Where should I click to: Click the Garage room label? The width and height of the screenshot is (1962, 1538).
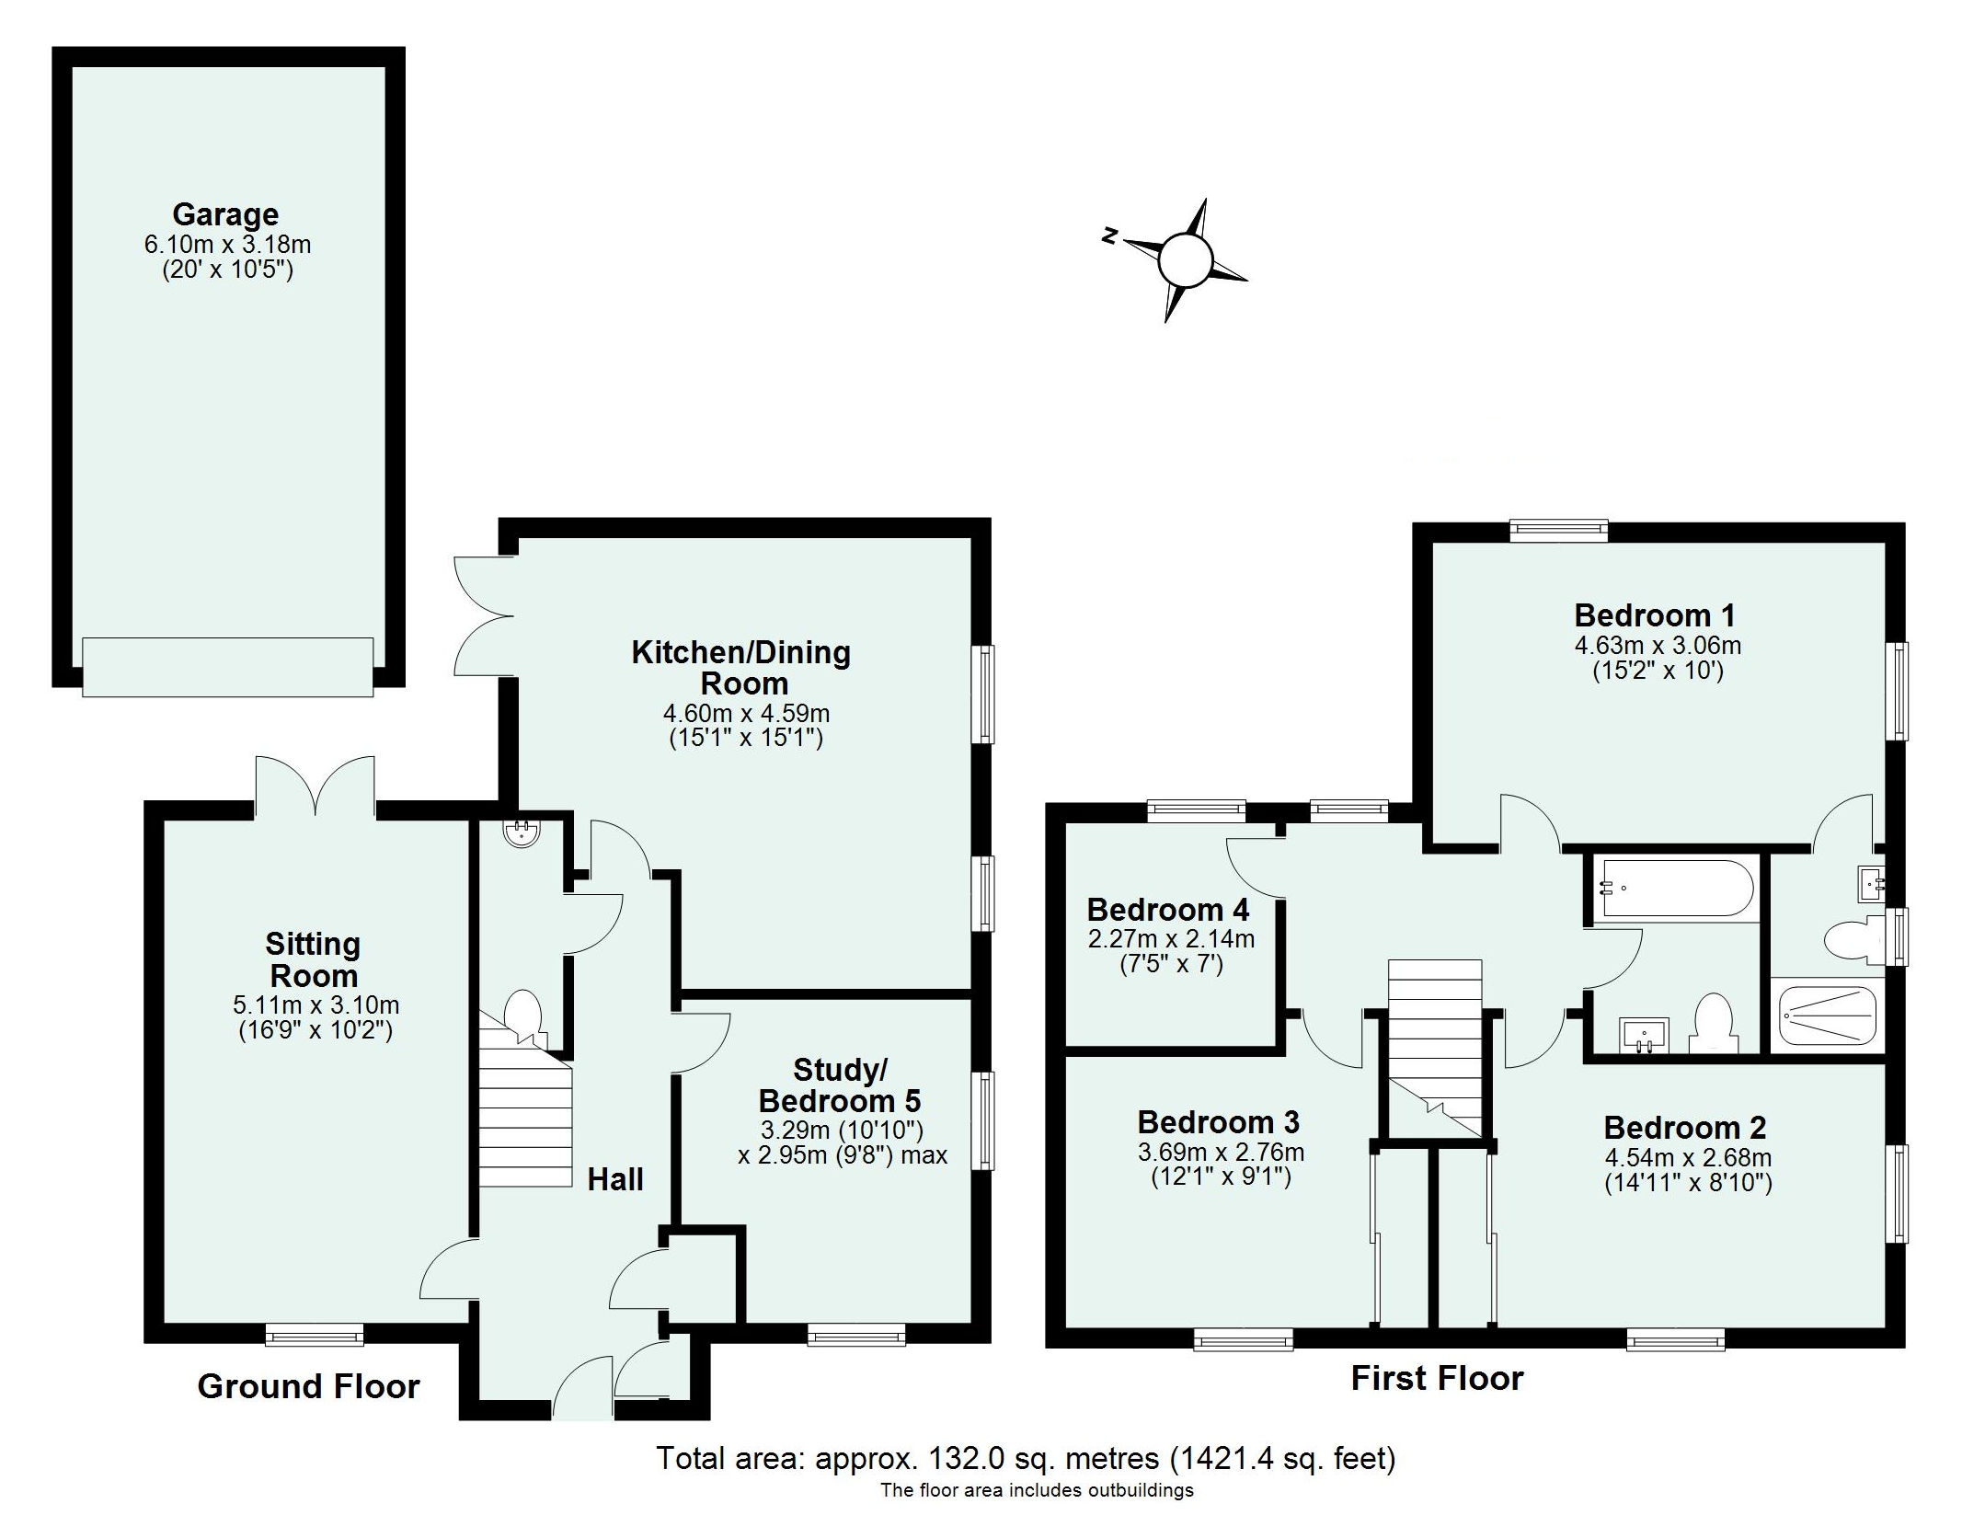[225, 214]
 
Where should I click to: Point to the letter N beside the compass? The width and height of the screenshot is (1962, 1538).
[1110, 235]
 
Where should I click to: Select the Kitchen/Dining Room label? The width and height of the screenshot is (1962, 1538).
[741, 668]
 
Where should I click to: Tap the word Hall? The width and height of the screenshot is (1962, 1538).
[615, 1179]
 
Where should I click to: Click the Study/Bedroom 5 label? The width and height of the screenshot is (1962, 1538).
[839, 1085]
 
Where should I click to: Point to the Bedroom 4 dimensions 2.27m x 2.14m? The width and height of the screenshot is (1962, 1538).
[1171, 939]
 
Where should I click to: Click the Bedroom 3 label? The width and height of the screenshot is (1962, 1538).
[1218, 1121]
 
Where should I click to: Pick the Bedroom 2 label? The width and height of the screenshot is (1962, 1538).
[1684, 1127]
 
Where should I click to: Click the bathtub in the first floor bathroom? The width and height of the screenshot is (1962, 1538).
[1677, 888]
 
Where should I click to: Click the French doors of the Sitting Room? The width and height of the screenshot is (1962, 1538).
[316, 786]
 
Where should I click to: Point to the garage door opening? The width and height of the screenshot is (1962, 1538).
[227, 666]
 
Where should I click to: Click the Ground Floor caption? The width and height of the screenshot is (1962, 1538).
[308, 1386]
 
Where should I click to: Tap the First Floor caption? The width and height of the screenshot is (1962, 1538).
[1437, 1378]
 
